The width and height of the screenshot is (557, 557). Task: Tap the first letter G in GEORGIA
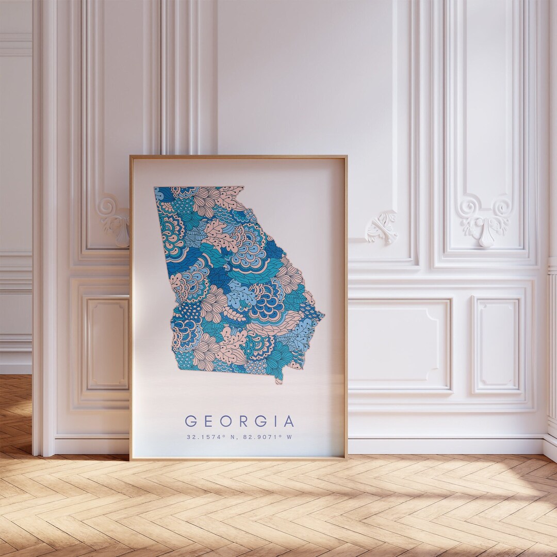click(189, 421)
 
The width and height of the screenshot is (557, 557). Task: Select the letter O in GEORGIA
click(222, 421)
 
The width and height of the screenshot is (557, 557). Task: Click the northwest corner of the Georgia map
click(154, 188)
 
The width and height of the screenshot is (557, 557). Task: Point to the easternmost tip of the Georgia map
click(324, 313)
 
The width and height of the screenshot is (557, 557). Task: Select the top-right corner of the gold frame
click(347, 156)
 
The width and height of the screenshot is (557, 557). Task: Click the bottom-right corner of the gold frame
click(347, 458)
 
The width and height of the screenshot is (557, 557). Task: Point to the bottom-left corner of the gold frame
click(130, 459)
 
